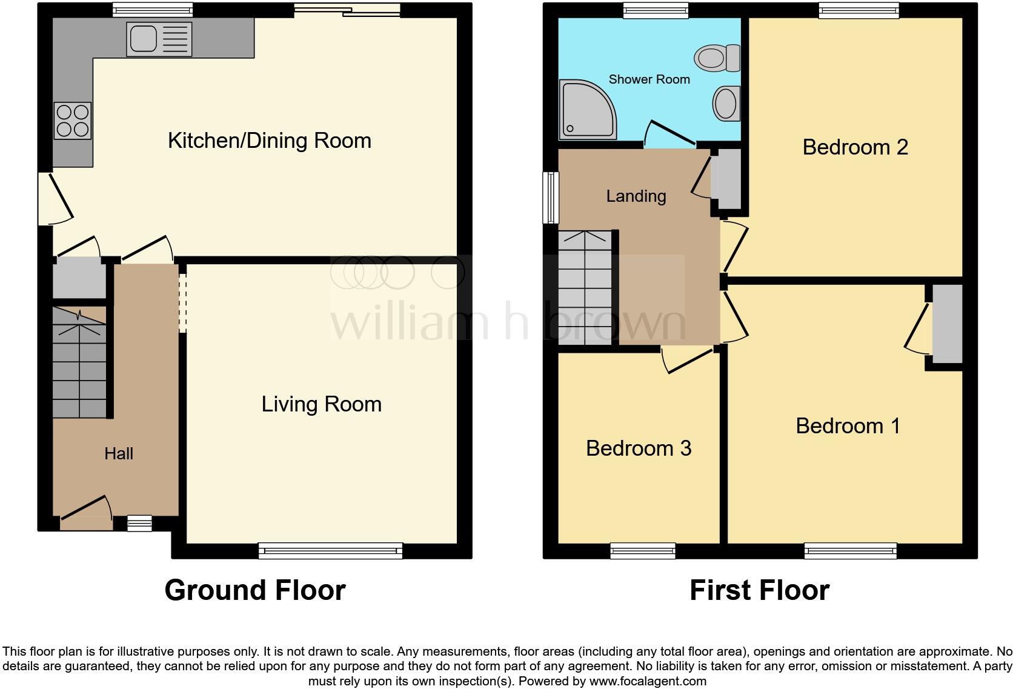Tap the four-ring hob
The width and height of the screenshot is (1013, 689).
(73, 121)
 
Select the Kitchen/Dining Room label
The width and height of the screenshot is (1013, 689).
(270, 141)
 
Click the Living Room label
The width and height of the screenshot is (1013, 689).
(321, 404)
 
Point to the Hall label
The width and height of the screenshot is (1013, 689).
(118, 453)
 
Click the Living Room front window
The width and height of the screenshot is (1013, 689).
(330, 550)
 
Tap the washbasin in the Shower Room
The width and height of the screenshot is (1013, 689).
(725, 103)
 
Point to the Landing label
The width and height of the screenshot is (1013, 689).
(636, 196)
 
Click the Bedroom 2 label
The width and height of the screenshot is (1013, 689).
(855, 147)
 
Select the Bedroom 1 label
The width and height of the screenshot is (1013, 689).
(848, 426)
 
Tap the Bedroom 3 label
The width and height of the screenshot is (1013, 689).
(639, 448)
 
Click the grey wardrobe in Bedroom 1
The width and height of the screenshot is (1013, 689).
(947, 324)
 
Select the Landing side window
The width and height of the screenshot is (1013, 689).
(550, 198)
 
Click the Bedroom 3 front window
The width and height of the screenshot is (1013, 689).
(643, 550)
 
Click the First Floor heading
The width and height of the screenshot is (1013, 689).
(759, 590)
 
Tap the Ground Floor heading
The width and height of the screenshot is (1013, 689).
(254, 590)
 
